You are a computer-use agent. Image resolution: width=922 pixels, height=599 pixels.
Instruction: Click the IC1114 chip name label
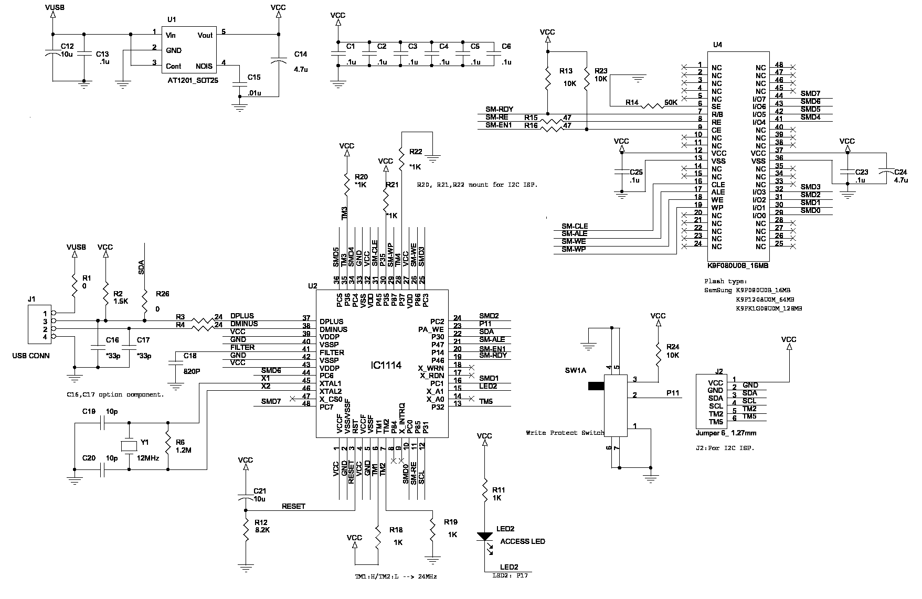pos(384,365)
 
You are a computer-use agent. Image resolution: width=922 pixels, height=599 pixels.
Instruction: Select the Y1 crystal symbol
pos(129,446)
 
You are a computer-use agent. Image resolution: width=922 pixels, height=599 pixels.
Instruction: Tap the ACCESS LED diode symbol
pos(484,536)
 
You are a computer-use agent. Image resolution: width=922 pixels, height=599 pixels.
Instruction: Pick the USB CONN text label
pos(31,356)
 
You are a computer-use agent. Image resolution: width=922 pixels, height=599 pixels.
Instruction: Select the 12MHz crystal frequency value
pos(148,458)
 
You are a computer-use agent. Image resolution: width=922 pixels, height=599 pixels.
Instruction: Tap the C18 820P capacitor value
pos(192,371)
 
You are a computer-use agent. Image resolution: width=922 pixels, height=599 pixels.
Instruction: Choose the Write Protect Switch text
pos(565,433)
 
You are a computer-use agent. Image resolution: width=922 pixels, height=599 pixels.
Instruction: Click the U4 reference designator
pos(717,45)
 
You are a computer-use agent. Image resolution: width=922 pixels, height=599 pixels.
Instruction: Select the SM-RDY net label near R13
pos(499,109)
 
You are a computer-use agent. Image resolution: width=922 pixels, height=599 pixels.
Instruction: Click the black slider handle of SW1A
pos(596,387)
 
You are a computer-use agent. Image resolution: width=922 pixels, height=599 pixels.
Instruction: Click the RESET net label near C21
pos(293,506)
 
